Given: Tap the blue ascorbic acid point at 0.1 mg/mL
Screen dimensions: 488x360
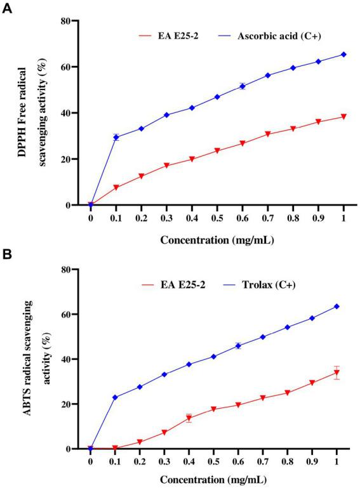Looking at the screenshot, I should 116,137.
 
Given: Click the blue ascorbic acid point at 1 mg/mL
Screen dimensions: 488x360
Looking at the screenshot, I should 343,55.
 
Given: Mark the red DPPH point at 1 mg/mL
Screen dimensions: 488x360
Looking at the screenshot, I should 343,117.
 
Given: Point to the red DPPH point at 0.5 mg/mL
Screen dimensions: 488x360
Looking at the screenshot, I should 217,150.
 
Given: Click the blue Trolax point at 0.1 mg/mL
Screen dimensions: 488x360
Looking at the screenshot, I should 116,397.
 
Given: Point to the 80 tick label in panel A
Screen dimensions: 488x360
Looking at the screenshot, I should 74,21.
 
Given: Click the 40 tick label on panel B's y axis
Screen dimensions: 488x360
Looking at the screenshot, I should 74,359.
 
